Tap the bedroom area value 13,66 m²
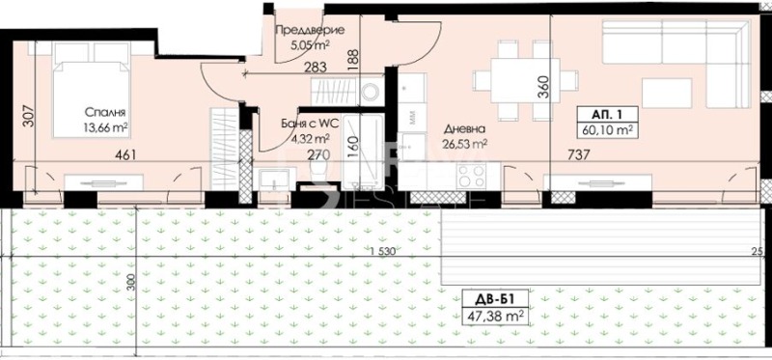(x=106, y=127)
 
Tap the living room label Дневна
(x=464, y=129)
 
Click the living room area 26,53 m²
(x=464, y=144)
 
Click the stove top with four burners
(x=470, y=176)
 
